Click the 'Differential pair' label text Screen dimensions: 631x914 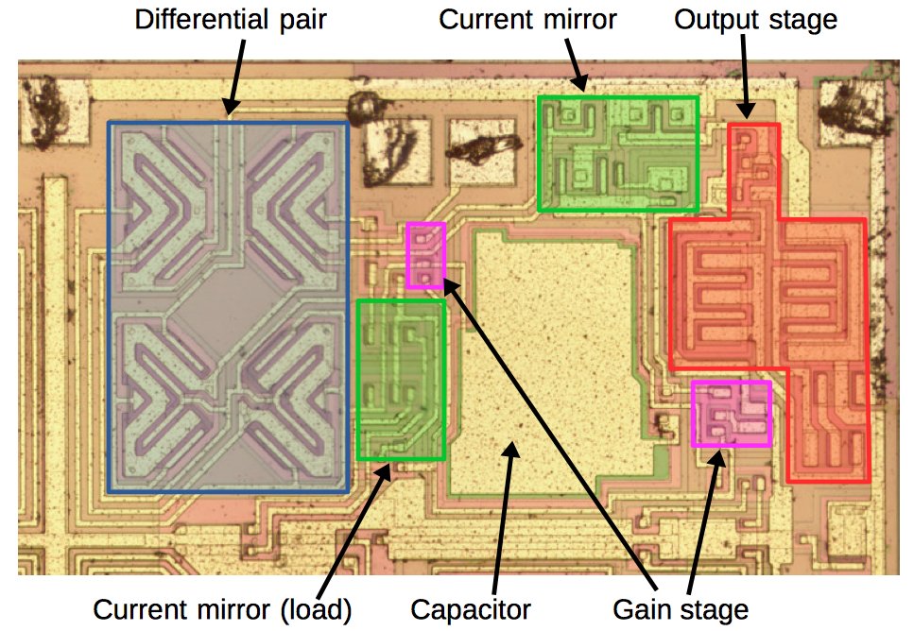click(x=231, y=20)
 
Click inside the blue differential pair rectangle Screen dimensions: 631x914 click(x=228, y=307)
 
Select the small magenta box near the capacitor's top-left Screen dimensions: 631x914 click(x=425, y=255)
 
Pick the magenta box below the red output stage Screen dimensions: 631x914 click(x=731, y=413)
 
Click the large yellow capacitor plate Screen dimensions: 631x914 click(x=548, y=359)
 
